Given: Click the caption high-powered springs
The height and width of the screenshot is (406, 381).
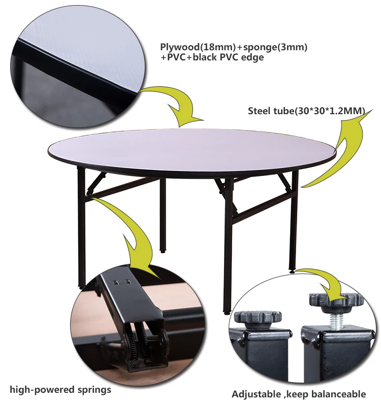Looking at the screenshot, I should coord(60,390).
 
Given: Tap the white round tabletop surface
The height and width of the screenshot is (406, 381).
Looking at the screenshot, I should coord(193,147).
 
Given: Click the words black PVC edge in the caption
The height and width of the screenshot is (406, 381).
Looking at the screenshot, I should coord(234,57).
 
